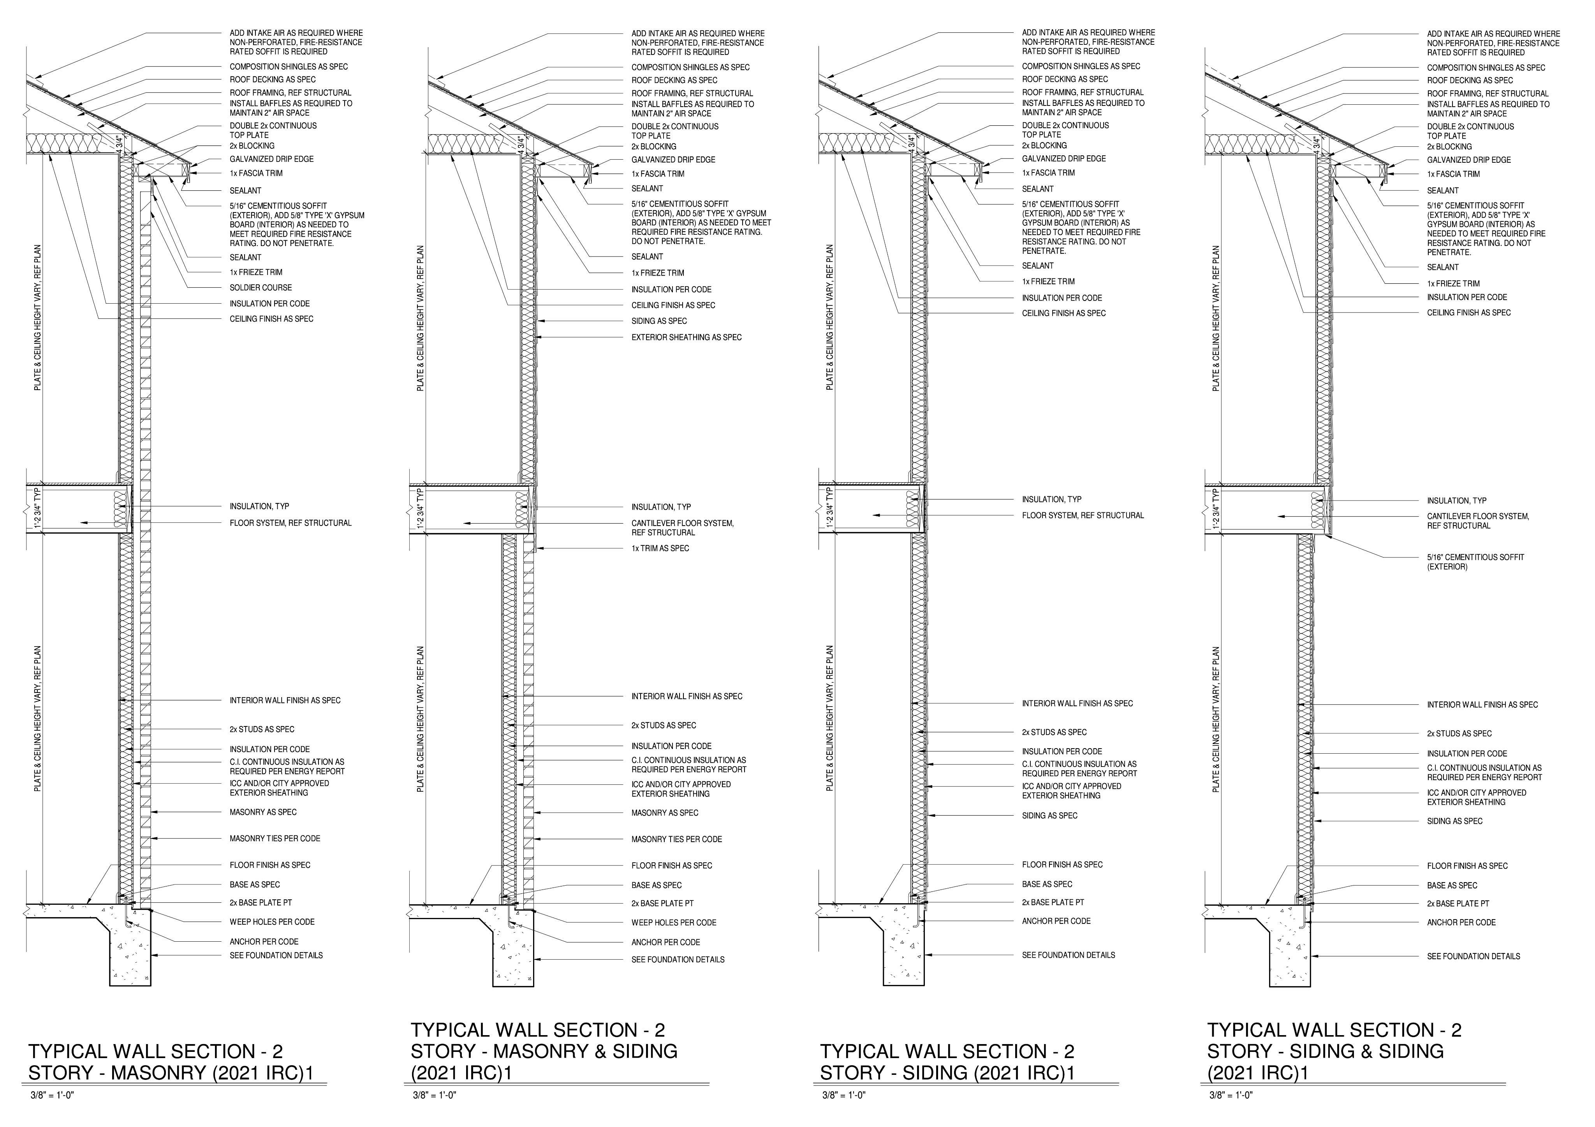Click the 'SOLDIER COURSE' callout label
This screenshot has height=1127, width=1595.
[261, 287]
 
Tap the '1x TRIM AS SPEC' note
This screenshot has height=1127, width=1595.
[660, 549]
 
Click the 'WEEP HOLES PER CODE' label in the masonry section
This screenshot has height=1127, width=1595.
[272, 922]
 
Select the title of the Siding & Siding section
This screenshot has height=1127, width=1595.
[1334, 1051]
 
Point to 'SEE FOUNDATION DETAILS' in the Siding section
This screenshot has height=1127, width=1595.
[1068, 955]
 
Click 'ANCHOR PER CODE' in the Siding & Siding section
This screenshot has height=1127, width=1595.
[1461, 923]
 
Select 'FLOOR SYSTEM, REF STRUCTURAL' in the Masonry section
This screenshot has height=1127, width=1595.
[290, 523]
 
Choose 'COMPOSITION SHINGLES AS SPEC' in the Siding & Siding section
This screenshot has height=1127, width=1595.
[1486, 68]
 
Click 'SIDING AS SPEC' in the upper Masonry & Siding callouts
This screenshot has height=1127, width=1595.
[658, 322]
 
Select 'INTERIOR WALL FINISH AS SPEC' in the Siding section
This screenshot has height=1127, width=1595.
[1077, 703]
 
